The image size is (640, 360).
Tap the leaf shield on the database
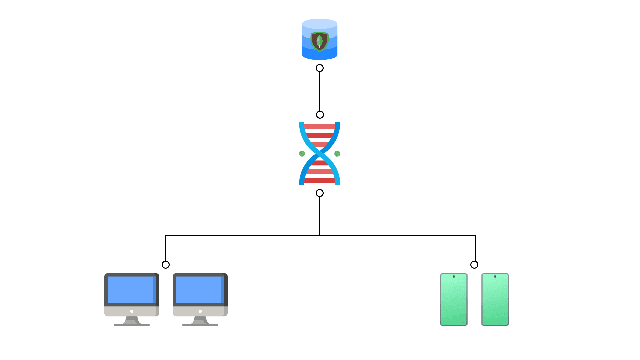point(319,41)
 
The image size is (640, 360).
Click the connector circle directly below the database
point(320,68)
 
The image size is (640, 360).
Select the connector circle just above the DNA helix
point(320,115)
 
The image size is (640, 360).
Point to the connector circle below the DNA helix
point(320,193)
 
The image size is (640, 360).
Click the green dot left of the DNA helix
point(302,154)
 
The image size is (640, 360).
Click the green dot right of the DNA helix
point(337,154)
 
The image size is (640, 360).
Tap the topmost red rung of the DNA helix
point(320,127)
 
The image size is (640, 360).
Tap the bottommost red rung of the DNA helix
point(320,181)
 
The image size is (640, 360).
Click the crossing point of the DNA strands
point(320,154)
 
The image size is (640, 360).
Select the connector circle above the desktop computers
point(166,265)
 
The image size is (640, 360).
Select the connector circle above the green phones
point(474,265)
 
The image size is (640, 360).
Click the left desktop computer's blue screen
point(130,289)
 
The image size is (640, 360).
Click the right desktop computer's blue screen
point(199,289)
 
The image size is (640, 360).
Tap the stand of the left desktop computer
point(132,321)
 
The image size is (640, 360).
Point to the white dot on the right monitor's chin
point(200,311)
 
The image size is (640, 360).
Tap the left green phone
point(454,300)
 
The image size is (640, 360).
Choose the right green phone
point(495,300)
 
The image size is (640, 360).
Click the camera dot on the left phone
point(454,276)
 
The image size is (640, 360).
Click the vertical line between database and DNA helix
point(320,91)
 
